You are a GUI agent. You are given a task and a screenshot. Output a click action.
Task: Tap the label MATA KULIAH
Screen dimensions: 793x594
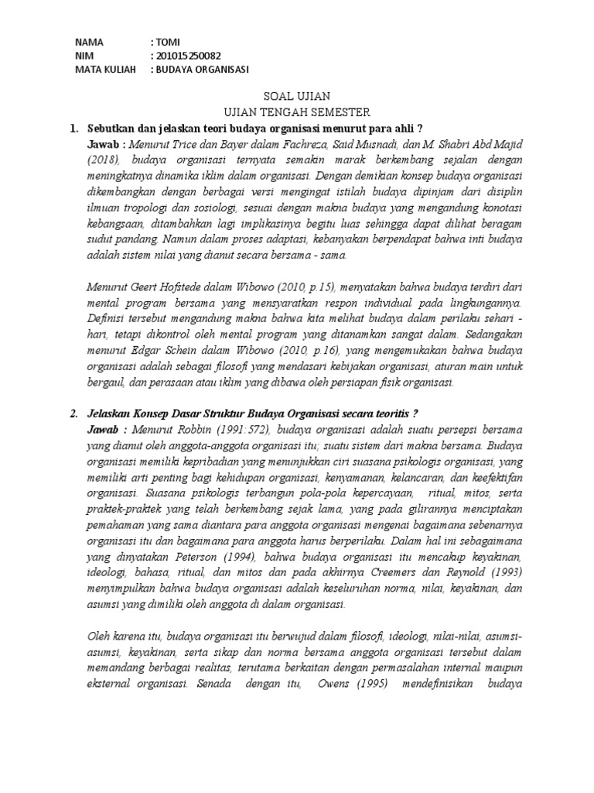pos(105,70)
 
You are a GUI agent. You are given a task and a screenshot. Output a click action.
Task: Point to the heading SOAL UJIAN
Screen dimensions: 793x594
pos(297,97)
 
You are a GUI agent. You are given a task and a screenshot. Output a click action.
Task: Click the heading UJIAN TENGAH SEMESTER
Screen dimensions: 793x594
pos(297,112)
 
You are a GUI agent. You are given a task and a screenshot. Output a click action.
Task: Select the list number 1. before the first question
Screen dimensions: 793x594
pos(75,127)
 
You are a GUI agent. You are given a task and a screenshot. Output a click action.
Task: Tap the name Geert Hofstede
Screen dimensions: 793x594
pos(160,288)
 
